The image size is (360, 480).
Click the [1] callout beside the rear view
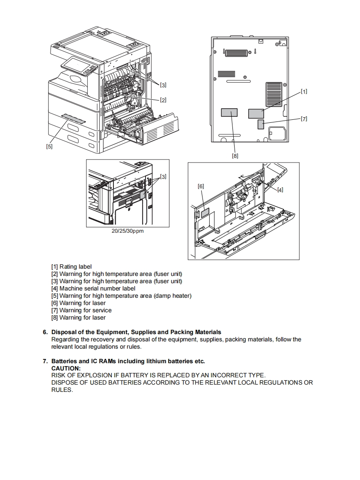click(x=303, y=91)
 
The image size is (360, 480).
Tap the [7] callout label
click(x=303, y=119)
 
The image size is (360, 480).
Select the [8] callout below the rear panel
click(x=235, y=156)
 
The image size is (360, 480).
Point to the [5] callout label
click(x=49, y=146)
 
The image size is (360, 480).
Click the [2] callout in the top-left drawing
click(x=163, y=100)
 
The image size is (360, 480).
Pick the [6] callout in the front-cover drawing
click(x=201, y=186)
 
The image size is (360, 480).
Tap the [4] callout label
click(x=280, y=190)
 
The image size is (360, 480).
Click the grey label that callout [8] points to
click(x=229, y=113)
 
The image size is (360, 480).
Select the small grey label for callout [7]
click(x=261, y=124)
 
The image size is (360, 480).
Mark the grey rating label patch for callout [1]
click(x=256, y=113)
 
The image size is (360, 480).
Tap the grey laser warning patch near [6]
click(x=205, y=212)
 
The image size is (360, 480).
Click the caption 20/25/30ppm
click(x=128, y=231)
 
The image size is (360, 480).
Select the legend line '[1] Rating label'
click(x=71, y=267)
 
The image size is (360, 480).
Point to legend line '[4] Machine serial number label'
click(x=93, y=288)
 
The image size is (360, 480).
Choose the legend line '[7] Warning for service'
click(x=81, y=310)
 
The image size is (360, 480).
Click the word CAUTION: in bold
click(x=66, y=368)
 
